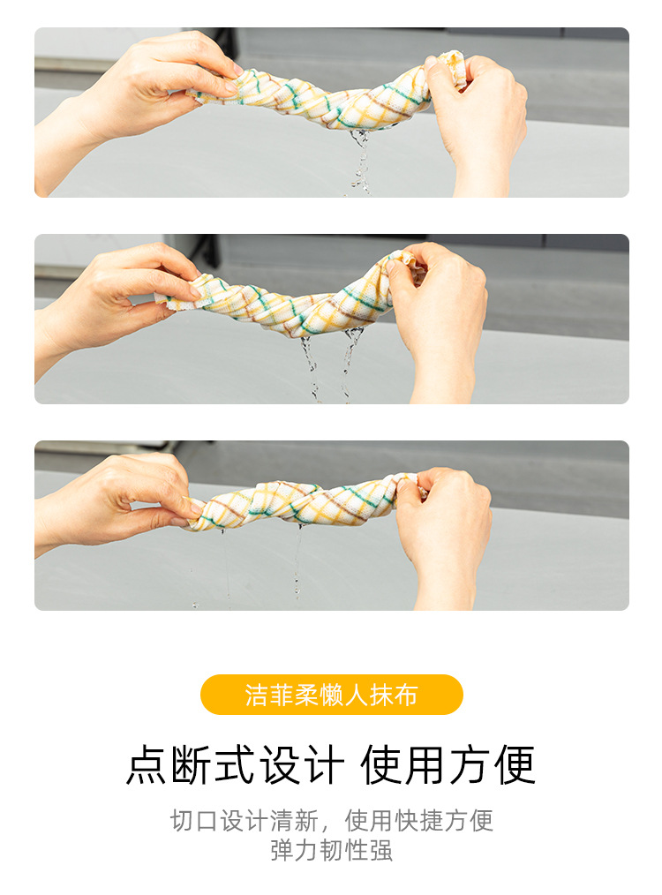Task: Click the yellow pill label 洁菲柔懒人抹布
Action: [331, 695]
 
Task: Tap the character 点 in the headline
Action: [147, 765]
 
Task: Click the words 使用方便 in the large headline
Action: [448, 765]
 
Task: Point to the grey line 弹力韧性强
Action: [332, 851]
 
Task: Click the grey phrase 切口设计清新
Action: [244, 821]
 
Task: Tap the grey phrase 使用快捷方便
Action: [419, 821]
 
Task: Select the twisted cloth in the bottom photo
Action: [303, 503]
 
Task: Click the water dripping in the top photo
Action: [359, 161]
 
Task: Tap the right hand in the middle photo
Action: [440, 320]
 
